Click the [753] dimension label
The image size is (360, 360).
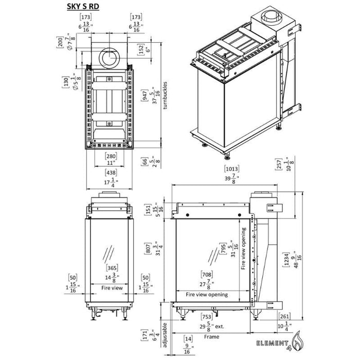pyautogui.click(x=207, y=317)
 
